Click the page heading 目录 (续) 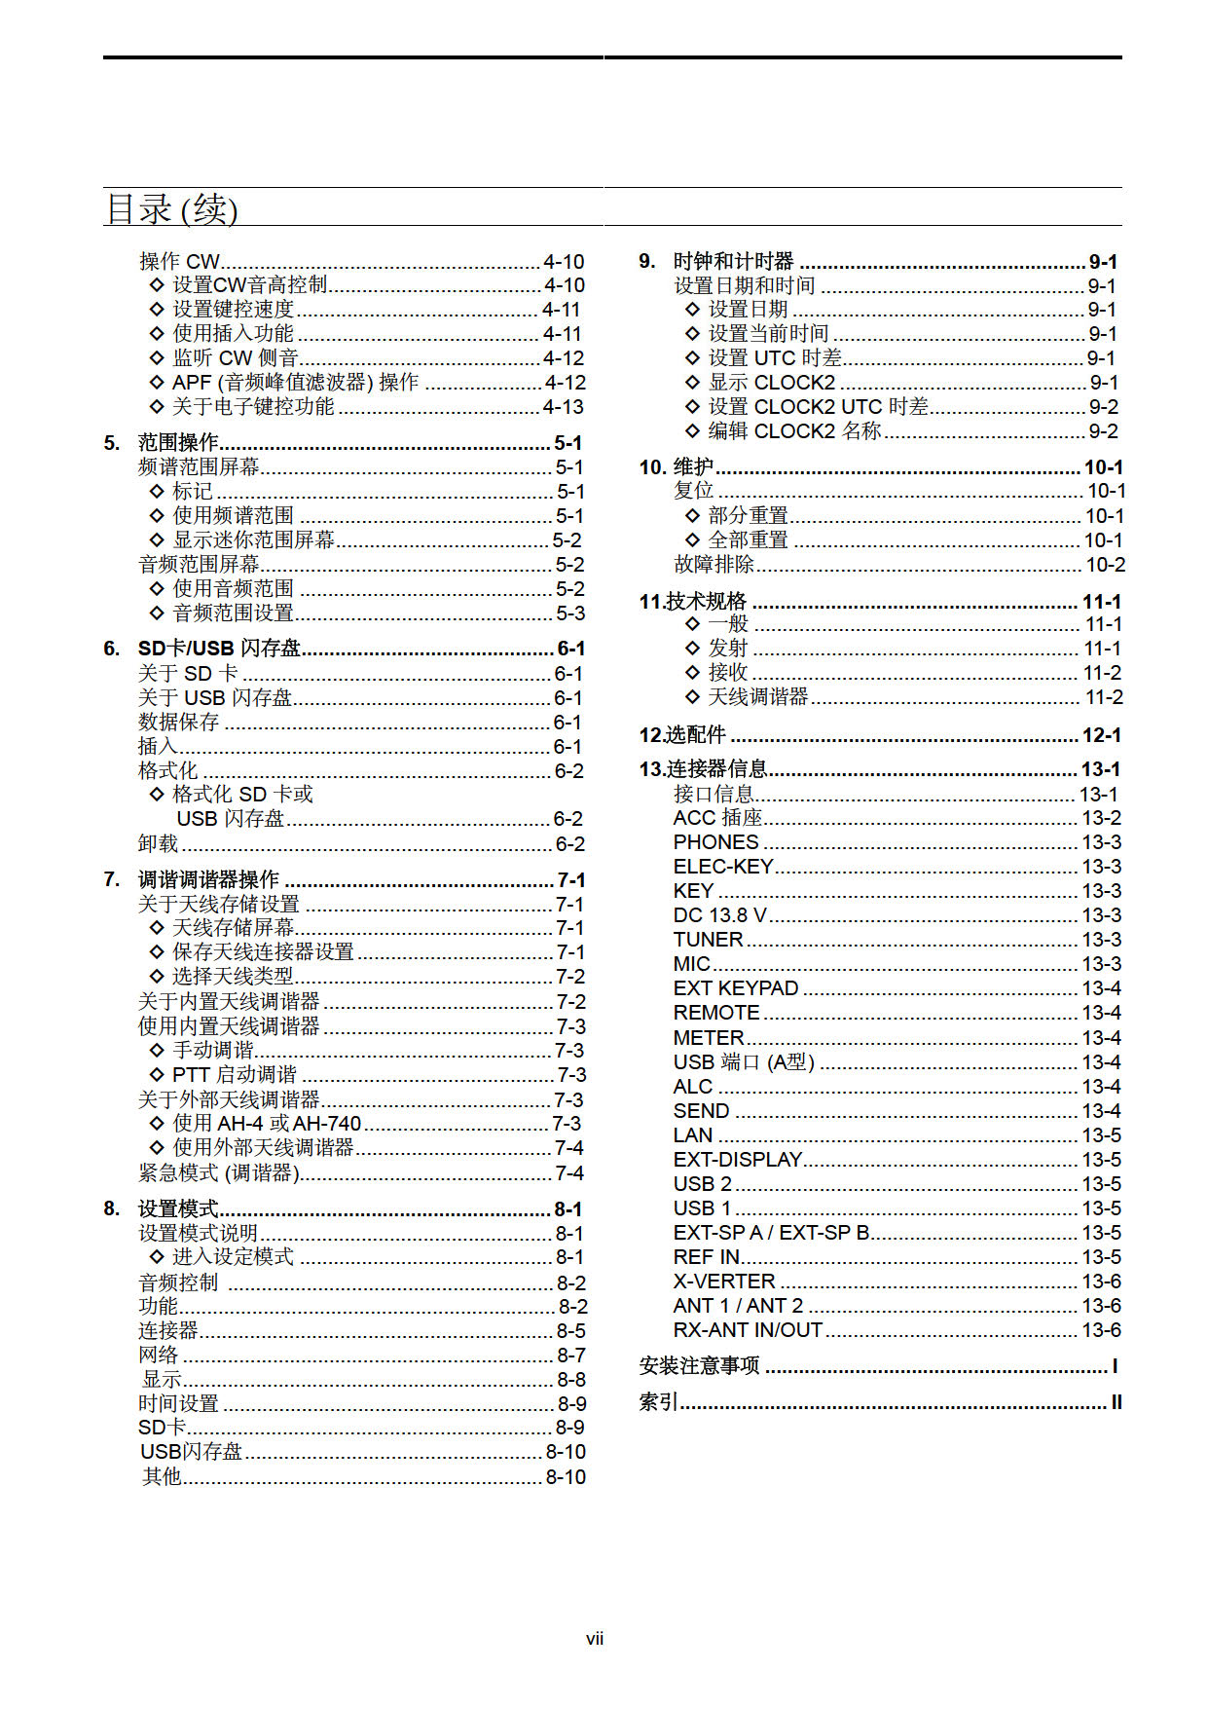(x=171, y=209)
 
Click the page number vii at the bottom (x=595, y=1639)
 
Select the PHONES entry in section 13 (x=715, y=842)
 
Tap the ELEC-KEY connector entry (x=722, y=867)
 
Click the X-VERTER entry (x=724, y=1282)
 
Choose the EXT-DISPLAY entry (x=737, y=1160)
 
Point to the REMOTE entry (x=716, y=1013)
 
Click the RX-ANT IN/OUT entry (x=748, y=1330)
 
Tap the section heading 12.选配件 (x=682, y=735)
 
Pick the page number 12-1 (x=1102, y=735)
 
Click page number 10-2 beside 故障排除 (x=1106, y=565)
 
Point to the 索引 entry (x=659, y=1402)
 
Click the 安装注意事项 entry (x=699, y=1366)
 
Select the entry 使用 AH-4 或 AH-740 (x=267, y=1124)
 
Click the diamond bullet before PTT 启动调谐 (x=157, y=1075)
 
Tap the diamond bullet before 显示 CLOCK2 (x=692, y=383)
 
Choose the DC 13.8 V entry (x=719, y=915)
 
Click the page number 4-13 (x=564, y=407)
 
